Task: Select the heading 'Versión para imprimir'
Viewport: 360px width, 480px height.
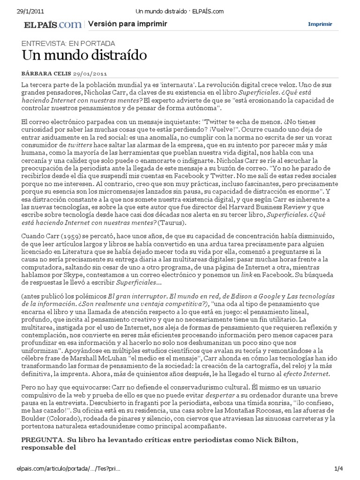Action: [127, 24]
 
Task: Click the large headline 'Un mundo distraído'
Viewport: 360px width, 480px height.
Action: [84, 56]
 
